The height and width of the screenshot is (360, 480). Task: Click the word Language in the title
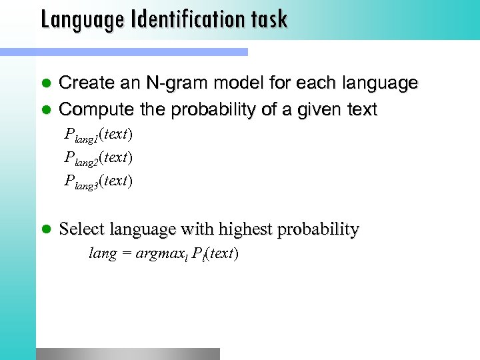point(80,19)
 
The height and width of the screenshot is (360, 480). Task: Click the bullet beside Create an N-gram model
point(47,83)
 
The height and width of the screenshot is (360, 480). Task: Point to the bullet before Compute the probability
point(47,109)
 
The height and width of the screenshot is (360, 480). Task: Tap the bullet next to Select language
point(47,230)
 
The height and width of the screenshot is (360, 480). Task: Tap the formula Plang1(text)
point(99,135)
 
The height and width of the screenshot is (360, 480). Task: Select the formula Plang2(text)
point(99,158)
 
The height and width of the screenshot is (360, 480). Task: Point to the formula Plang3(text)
point(99,181)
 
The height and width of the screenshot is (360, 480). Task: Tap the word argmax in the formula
point(159,254)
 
